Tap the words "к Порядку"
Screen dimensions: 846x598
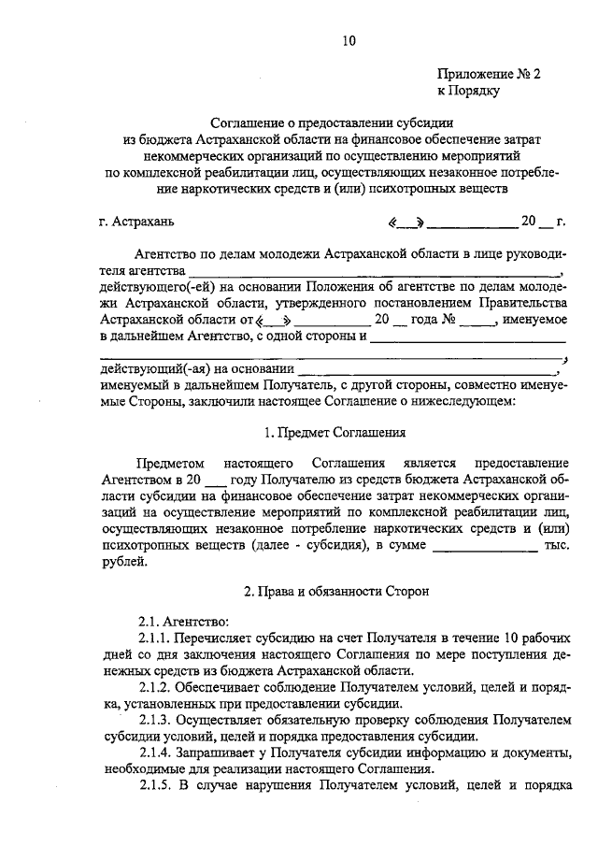[x=469, y=91]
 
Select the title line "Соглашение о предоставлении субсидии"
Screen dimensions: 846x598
[x=331, y=122]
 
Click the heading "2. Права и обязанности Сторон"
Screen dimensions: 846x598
[x=333, y=592]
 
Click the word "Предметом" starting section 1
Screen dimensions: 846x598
[x=168, y=465]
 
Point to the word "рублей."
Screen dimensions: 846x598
[x=123, y=561]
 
